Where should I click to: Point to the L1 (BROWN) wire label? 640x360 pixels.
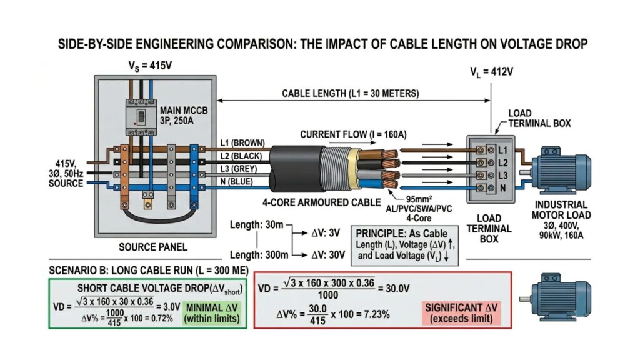tap(244, 143)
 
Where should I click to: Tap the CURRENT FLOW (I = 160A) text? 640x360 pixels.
tap(353, 134)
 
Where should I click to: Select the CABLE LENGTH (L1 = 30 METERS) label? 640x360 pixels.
tap(351, 93)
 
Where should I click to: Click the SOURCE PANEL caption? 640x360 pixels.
tap(154, 247)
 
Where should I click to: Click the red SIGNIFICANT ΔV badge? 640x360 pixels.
tap(462, 313)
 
